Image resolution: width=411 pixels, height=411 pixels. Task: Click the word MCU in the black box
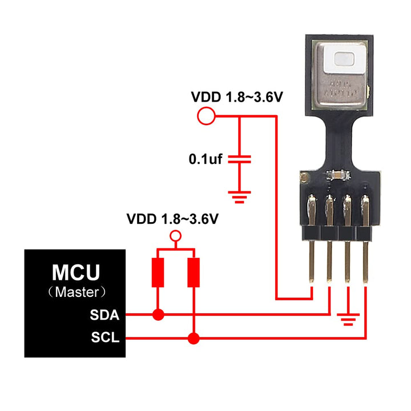pos(75,271)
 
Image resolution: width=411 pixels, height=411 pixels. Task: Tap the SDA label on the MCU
pos(104,315)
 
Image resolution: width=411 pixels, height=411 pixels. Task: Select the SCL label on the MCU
pos(104,339)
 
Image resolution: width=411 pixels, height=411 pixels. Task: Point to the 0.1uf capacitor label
pos(205,159)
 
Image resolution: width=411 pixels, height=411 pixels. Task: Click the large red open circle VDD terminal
pos(205,116)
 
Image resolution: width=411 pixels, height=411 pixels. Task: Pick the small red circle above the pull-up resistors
pos(176,235)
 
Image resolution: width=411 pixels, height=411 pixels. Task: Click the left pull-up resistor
pos(158,273)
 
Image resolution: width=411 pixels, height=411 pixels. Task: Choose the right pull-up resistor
pos(194,273)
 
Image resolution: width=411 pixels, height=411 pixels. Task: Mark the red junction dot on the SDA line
pos(158,315)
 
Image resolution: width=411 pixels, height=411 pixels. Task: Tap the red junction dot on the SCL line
pos(194,339)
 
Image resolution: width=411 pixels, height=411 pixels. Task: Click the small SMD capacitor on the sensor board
pos(337,175)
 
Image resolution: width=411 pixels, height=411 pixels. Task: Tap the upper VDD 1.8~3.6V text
pos(237,98)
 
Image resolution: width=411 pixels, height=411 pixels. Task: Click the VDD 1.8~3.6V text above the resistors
pos(173,219)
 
